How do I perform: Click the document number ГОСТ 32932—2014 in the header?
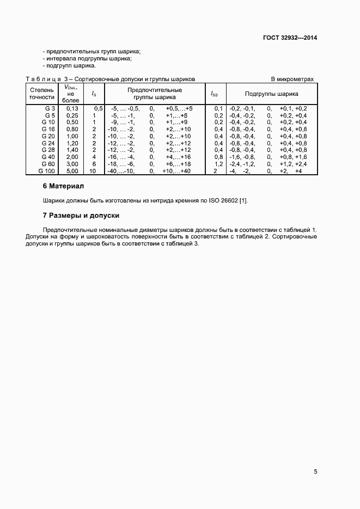290,38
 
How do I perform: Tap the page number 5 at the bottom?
315,471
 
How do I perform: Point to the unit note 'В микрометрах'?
292,79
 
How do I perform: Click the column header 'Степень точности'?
42,93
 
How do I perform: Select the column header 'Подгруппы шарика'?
271,94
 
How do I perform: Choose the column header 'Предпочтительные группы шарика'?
155,93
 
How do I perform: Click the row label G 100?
47,171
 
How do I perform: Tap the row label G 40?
48,157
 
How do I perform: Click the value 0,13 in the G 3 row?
72,108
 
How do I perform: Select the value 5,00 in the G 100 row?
72,171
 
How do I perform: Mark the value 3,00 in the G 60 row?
72,164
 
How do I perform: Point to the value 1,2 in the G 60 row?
218,164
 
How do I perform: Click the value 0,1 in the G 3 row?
218,108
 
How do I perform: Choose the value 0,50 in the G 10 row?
72,122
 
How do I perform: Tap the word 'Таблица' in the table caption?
44,79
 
